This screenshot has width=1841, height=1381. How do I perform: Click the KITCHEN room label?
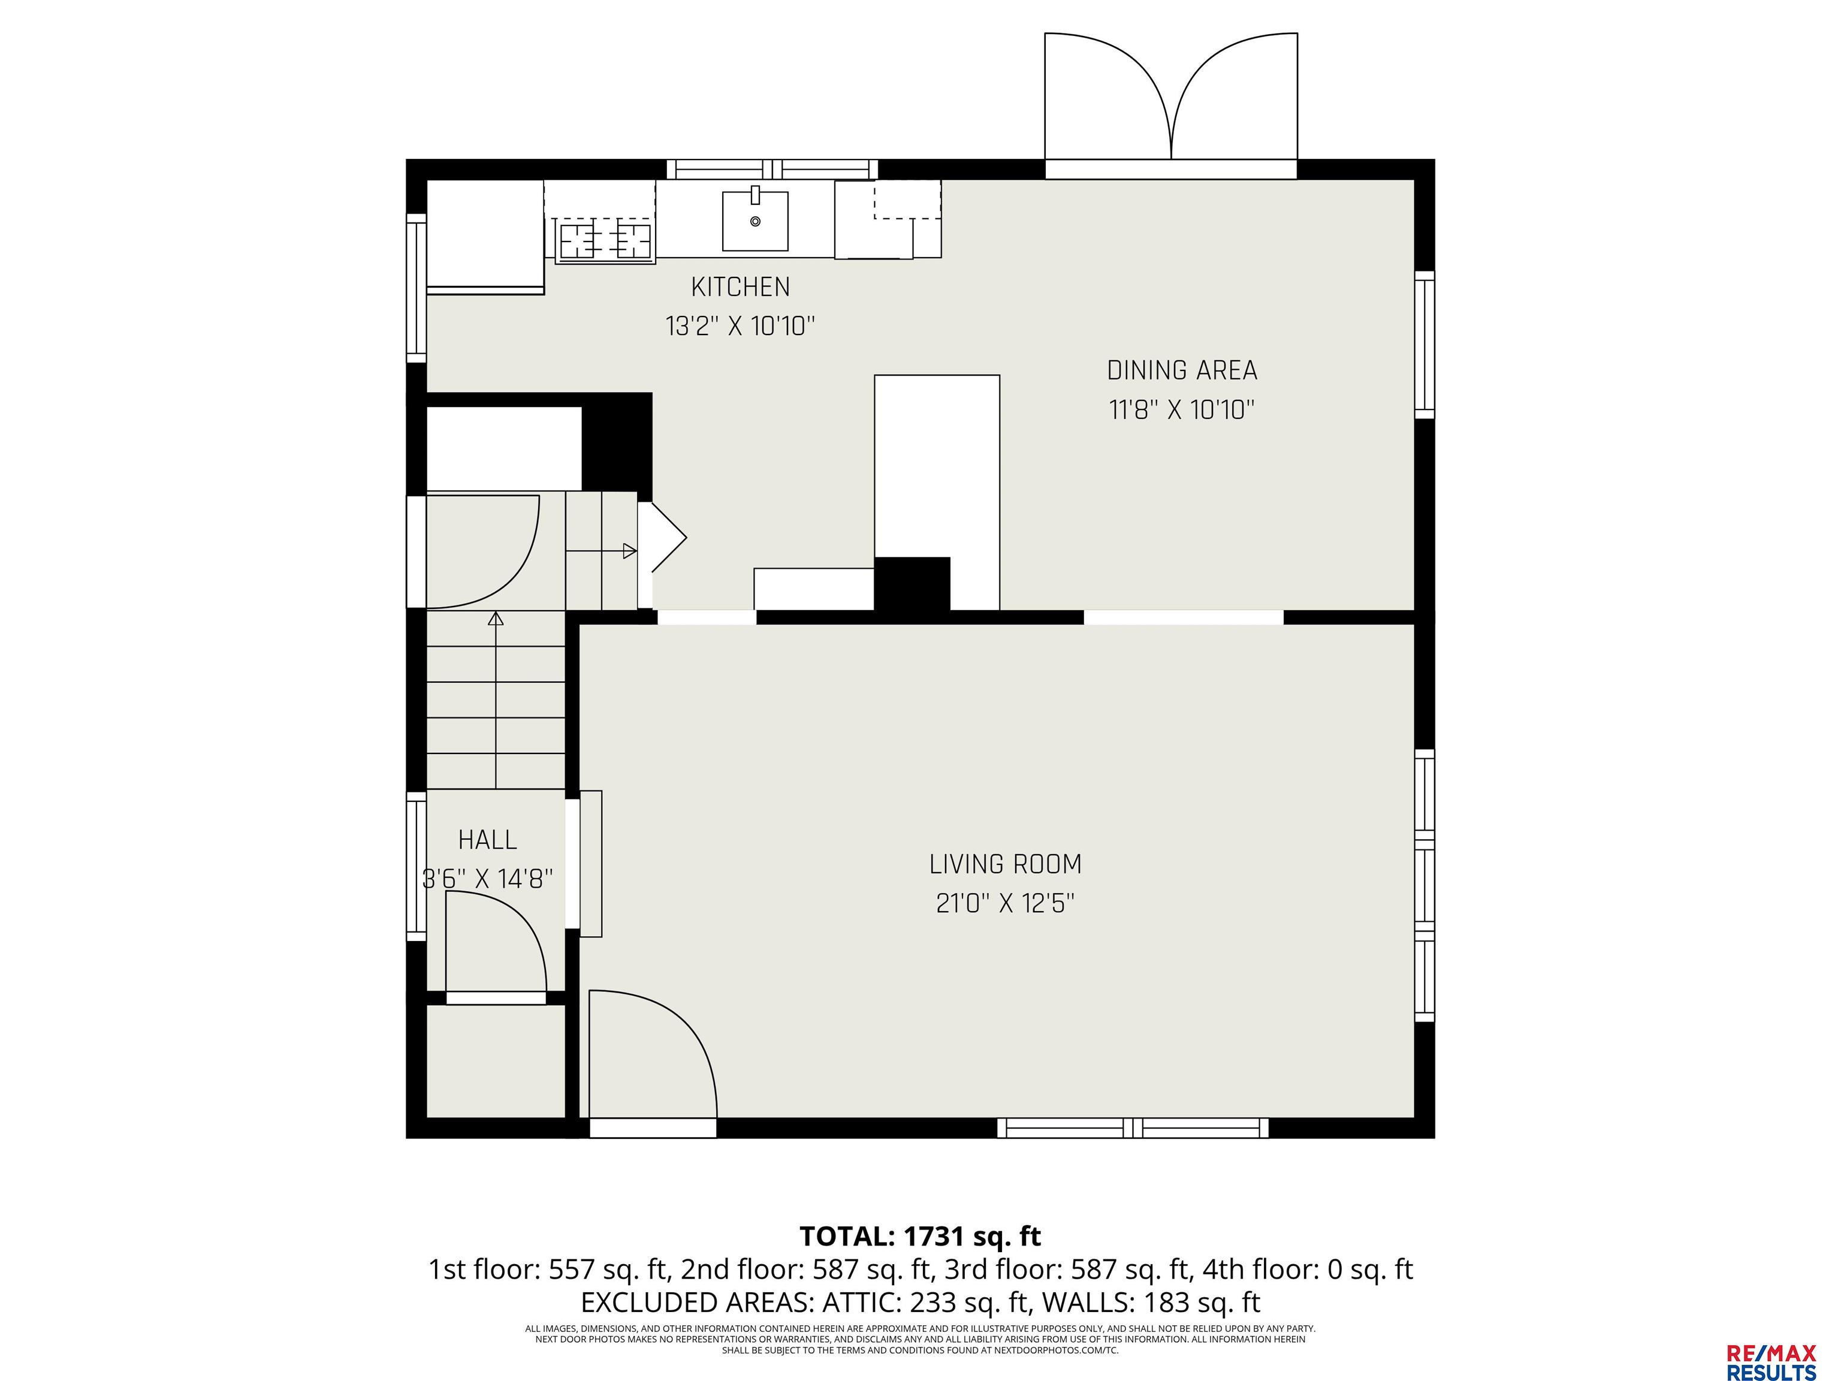(x=740, y=287)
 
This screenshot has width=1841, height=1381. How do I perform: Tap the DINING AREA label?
(x=1182, y=370)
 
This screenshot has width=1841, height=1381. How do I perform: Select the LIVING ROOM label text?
(x=1006, y=864)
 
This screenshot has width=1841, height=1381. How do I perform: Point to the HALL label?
(x=488, y=840)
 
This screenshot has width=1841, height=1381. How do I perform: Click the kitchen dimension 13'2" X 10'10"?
(x=740, y=326)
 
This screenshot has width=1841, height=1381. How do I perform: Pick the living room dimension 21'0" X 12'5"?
(x=1006, y=903)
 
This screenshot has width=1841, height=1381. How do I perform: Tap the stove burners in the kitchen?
(x=605, y=242)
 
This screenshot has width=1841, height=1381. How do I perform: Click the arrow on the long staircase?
(x=496, y=700)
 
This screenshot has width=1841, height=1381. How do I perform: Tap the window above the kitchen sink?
(x=772, y=169)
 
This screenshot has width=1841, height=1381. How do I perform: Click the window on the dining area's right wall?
(x=1425, y=345)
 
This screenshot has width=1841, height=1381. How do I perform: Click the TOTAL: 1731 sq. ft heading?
(x=920, y=1236)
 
